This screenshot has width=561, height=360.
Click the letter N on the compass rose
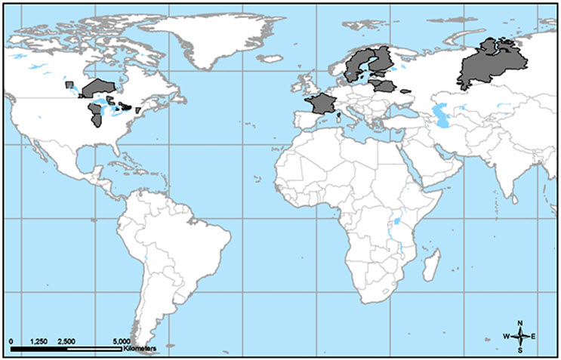pos(520,324)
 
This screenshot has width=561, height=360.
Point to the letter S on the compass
pos(520,350)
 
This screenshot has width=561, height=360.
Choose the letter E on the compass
pos(535,337)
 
